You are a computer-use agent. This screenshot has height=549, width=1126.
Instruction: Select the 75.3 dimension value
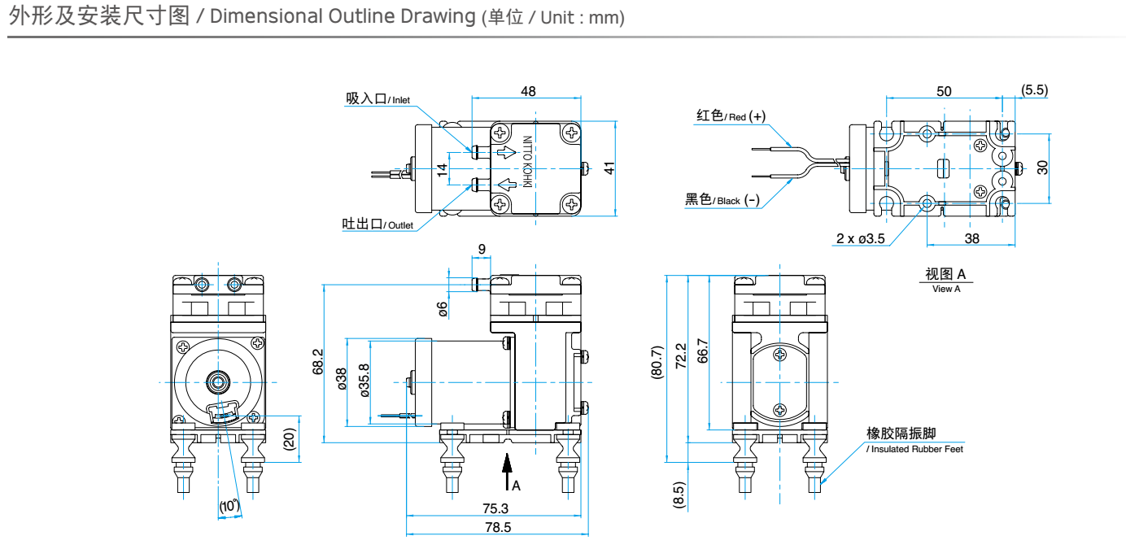tap(495, 508)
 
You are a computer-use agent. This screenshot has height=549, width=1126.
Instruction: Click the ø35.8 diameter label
tap(364, 379)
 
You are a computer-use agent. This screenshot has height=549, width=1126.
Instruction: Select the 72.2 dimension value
tap(681, 355)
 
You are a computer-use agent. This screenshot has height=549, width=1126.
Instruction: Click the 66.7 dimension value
tap(702, 350)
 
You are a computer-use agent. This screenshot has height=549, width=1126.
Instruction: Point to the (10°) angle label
tap(230, 506)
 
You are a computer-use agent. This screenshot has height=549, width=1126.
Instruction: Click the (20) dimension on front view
tap(289, 439)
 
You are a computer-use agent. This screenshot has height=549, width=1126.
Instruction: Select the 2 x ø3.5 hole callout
tap(861, 238)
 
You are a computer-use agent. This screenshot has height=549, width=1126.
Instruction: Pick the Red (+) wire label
tap(731, 115)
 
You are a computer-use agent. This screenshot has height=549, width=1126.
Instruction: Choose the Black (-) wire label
tap(722, 200)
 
